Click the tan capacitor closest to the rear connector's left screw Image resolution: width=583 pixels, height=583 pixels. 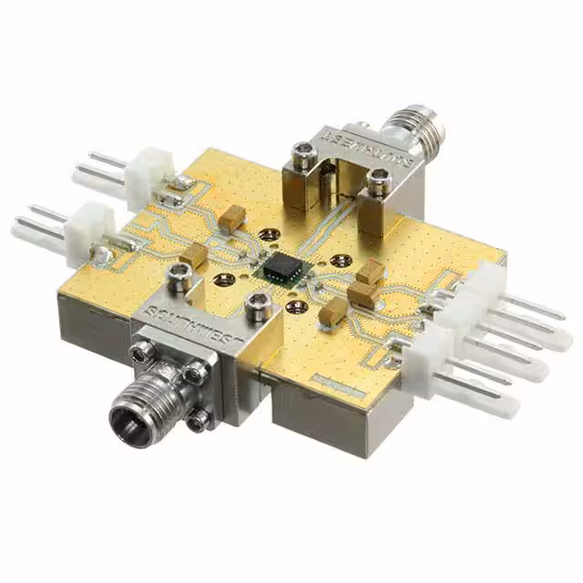pyautogui.click(x=233, y=217)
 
